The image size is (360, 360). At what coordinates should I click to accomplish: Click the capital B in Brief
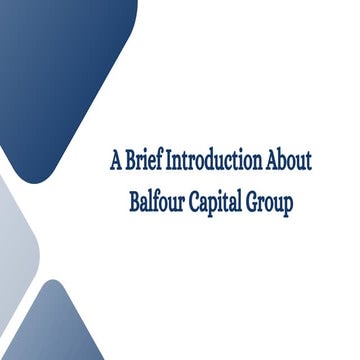pyautogui.click(x=127, y=160)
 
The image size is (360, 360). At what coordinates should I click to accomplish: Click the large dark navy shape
pyautogui.click(x=60, y=70)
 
